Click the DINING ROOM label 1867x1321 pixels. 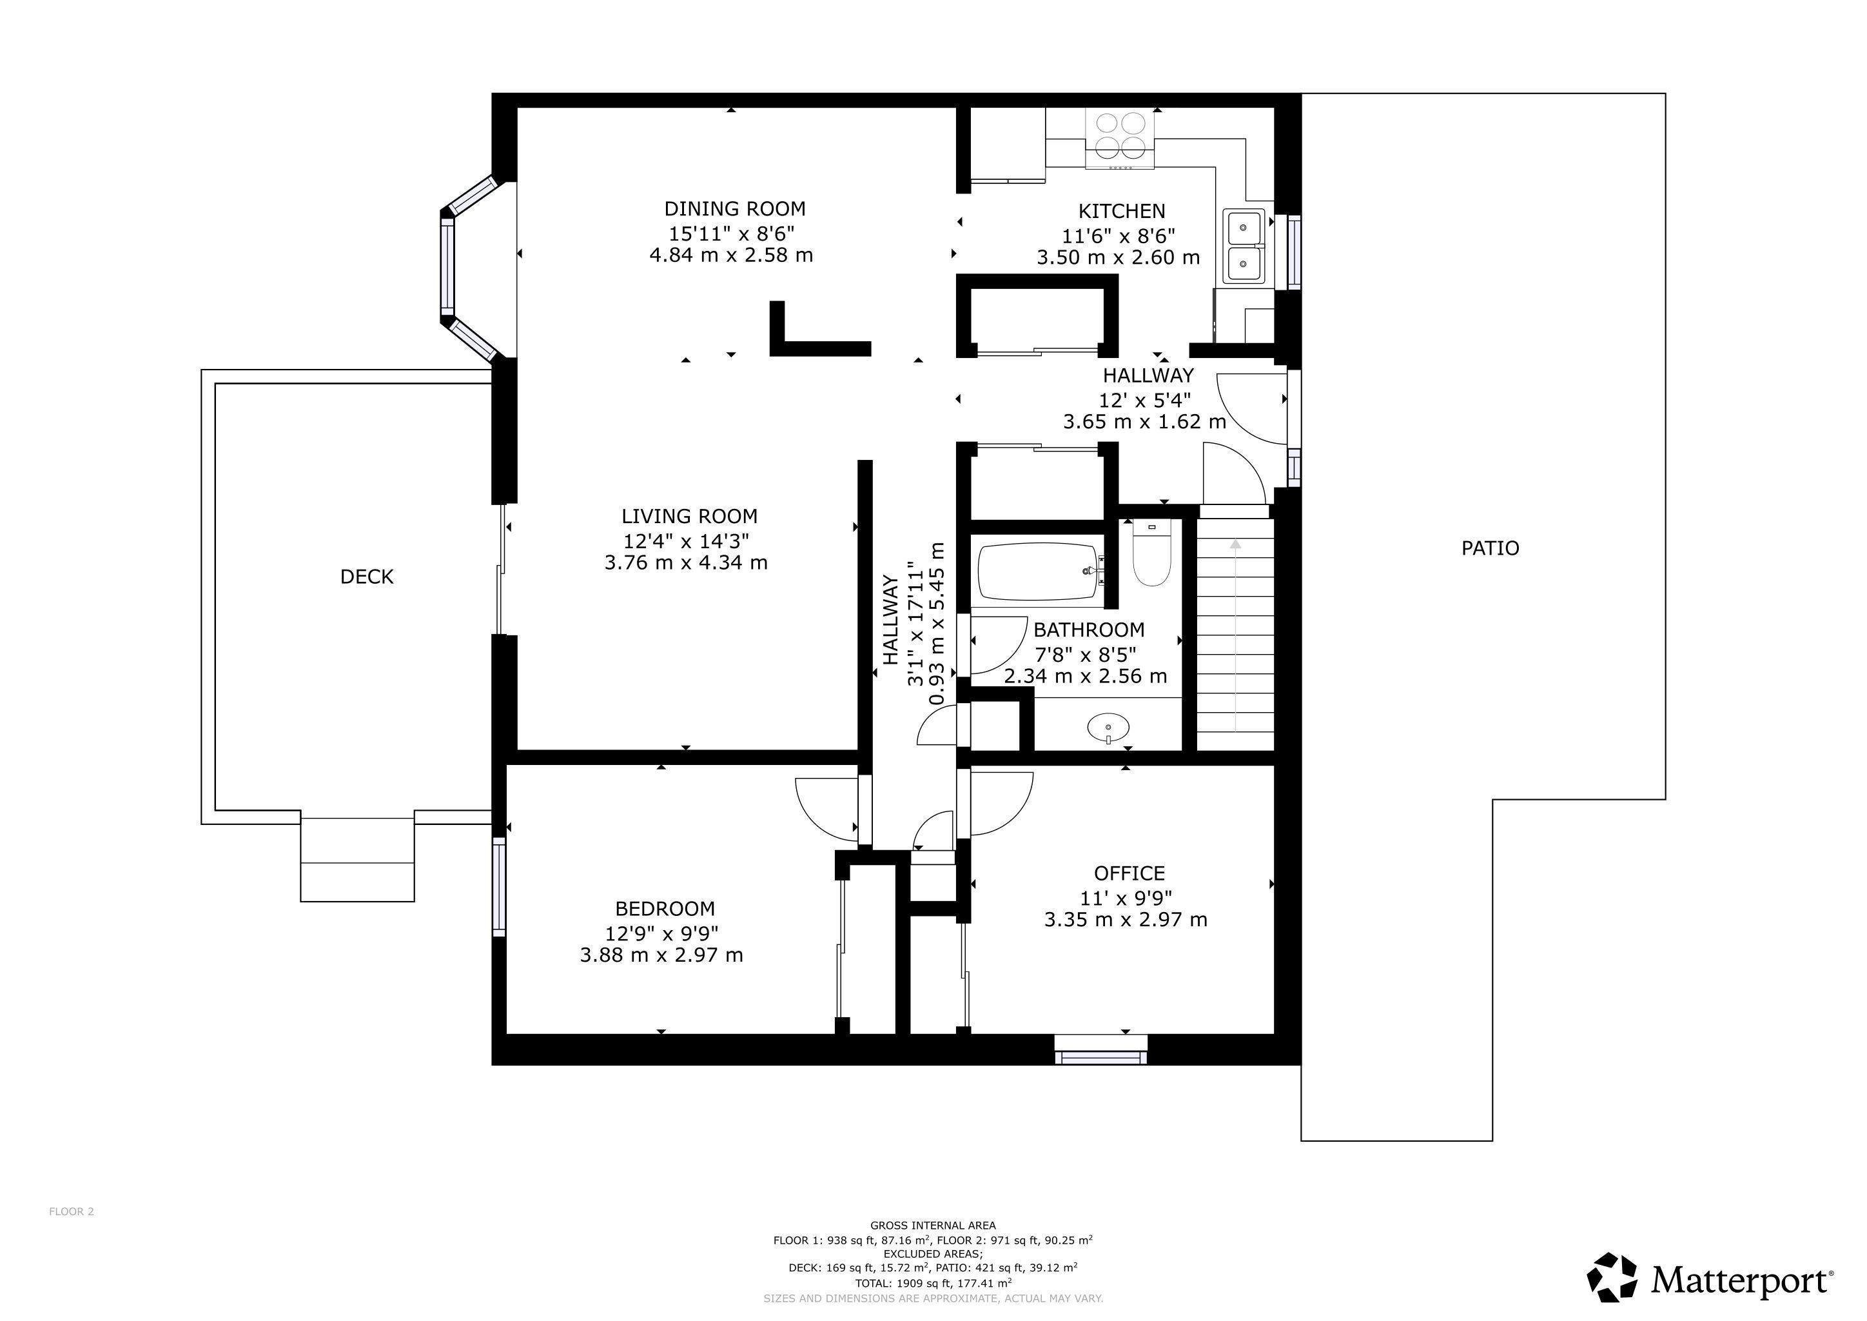pos(734,208)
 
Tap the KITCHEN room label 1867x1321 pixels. pos(1121,211)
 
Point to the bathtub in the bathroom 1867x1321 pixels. pos(1040,572)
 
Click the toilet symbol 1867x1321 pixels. pos(1151,553)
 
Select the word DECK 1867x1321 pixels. pos(367,577)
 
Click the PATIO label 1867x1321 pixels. pos(1490,548)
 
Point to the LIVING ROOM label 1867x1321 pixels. pos(690,517)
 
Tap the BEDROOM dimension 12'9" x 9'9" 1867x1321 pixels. pos(662,932)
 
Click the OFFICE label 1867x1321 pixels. pos(1129,873)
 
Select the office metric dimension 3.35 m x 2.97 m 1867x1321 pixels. pos(1126,920)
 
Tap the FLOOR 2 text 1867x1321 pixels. pos(72,1211)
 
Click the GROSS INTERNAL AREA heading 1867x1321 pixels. pos(933,1225)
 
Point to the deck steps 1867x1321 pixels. pos(358,860)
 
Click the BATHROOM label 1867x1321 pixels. pos(1089,630)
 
